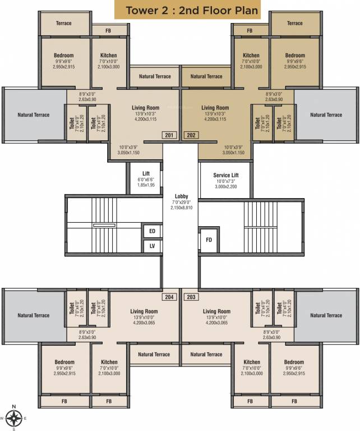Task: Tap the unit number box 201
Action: click(169, 135)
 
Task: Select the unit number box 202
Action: click(191, 135)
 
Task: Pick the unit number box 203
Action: click(191, 297)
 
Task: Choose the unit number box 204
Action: click(169, 297)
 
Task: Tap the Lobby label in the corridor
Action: click(181, 196)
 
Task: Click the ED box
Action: click(151, 231)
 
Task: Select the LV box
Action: click(151, 246)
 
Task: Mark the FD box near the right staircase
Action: click(209, 240)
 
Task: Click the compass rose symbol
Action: click(15, 418)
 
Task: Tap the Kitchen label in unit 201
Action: click(108, 56)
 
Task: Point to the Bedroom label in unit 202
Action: click(294, 56)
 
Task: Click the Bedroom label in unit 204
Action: click(64, 362)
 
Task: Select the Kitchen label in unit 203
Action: click(251, 362)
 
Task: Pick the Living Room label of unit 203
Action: click(216, 311)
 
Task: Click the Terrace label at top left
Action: click(64, 23)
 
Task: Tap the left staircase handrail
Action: click(104, 225)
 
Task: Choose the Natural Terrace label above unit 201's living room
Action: click(154, 76)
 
